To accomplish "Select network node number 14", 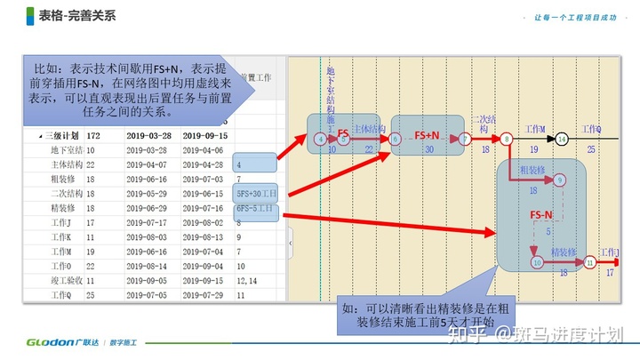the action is [x=562, y=139].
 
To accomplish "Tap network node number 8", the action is [x=506, y=139].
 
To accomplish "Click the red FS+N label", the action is [x=428, y=135].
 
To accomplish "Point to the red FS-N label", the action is [x=540, y=215].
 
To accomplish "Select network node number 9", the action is [x=559, y=180].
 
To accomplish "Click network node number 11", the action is [x=589, y=262].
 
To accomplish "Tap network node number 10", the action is [x=536, y=262].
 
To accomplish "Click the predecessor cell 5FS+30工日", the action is [x=255, y=193].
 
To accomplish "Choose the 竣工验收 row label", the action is [x=66, y=281].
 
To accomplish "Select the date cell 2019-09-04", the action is [x=204, y=267].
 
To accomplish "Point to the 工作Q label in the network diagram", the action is [x=592, y=129].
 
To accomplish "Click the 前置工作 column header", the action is [x=260, y=78].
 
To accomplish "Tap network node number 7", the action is [x=464, y=139].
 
